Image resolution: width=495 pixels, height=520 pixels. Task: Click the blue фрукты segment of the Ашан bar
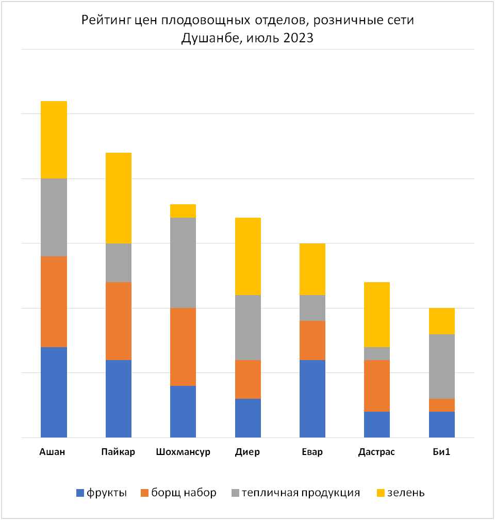pos(54,392)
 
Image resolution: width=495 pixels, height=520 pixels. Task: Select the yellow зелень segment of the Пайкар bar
pos(119,198)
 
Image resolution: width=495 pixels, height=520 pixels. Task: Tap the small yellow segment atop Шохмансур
pos(183,211)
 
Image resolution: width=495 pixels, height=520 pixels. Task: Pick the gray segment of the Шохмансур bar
pos(183,263)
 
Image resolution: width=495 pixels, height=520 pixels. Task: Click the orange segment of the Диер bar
pos(248,379)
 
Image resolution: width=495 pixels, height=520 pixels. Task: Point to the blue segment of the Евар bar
pos(312,399)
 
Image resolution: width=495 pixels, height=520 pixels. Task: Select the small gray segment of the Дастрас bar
pos(377,353)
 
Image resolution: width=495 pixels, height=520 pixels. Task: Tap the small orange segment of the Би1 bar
pos(441,405)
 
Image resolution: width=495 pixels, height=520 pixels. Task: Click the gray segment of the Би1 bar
pos(441,366)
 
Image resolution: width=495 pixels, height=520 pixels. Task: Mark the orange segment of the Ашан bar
pos(54,302)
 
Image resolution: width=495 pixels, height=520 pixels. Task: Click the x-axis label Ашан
pos(52,452)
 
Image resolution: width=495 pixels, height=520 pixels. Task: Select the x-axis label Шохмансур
pos(183,452)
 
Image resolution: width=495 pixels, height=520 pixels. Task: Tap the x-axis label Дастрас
pos(376,452)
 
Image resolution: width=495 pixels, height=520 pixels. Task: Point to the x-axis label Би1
pos(441,452)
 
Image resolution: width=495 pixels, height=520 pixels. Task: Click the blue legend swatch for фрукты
pos(80,493)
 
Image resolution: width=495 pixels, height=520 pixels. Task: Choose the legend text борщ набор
pos(184,493)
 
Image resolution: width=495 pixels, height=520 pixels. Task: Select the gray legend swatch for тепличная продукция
pos(235,493)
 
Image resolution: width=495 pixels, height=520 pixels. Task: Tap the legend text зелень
pos(406,493)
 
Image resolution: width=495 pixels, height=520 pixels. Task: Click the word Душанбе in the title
pos(212,38)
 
